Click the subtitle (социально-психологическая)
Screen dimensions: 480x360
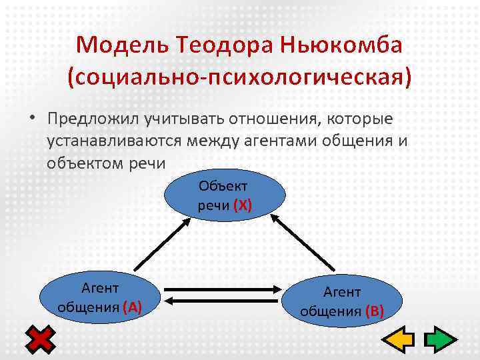tap(239, 77)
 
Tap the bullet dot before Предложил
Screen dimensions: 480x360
tap(31, 119)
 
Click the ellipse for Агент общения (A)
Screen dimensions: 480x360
tap(99, 297)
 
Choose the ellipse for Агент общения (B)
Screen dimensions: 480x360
tap(342, 301)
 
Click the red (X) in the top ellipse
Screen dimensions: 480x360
tap(242, 205)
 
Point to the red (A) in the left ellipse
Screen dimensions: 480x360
tap(131, 307)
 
